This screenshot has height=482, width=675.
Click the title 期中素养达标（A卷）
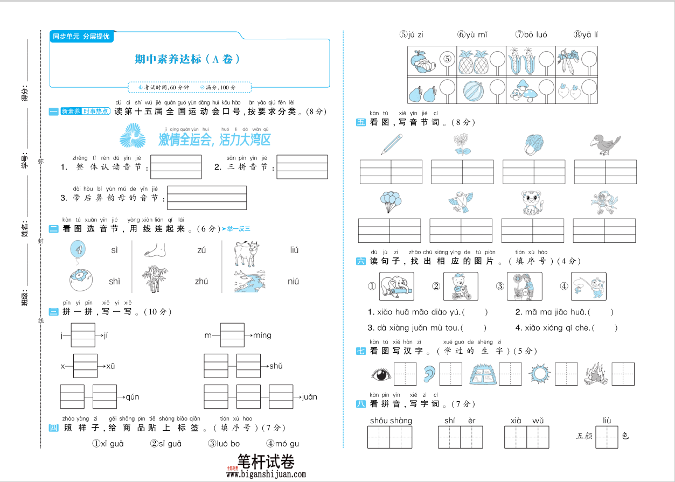point(187,59)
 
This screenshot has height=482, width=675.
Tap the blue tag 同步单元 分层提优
point(81,37)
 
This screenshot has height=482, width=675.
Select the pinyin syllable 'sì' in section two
point(114,250)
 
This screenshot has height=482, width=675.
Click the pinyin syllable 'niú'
point(293,281)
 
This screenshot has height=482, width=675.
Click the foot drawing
point(156,250)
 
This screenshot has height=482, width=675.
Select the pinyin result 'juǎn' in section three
point(309,397)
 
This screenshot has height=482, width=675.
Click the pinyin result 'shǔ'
point(276,366)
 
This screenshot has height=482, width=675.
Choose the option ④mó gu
point(282,444)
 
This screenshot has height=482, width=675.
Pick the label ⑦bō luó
point(531,34)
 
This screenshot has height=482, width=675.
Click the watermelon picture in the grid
point(471,89)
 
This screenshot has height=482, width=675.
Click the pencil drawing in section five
point(392,144)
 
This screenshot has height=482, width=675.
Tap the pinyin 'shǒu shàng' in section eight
point(391,421)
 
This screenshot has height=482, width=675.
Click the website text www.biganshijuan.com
point(266,474)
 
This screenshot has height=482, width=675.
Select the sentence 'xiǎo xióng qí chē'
point(559,327)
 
